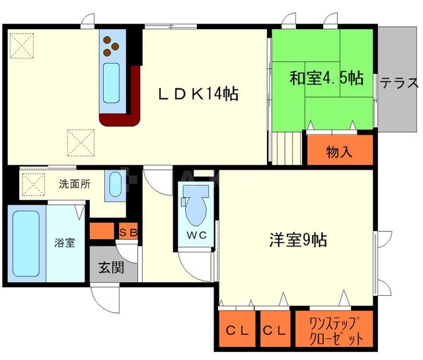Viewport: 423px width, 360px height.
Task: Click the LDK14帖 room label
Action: [198, 94]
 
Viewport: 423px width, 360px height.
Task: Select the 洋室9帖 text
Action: [297, 238]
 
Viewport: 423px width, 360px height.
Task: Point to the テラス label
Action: [399, 83]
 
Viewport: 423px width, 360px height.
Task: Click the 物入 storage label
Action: [340, 152]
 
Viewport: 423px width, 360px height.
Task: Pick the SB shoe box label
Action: [128, 232]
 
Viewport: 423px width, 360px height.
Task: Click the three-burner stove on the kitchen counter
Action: [110, 46]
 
